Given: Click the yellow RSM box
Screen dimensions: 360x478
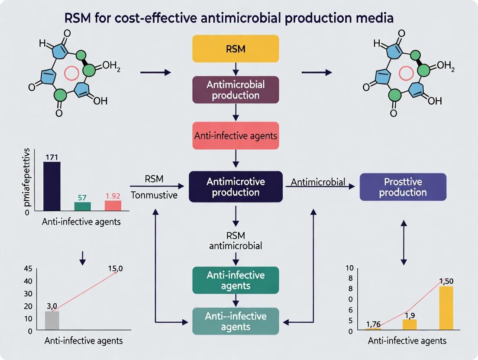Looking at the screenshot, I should pos(236,48).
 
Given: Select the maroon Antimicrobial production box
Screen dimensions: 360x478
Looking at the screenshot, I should pos(236,89).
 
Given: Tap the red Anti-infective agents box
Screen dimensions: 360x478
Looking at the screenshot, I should pos(236,135).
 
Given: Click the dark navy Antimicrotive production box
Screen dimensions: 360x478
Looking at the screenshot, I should pos(236,186).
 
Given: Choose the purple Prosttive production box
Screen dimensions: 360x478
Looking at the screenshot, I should pos(403,186).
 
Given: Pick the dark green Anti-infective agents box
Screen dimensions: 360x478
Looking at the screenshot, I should pos(236,280).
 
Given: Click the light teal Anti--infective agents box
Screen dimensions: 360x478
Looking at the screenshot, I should pos(236,321).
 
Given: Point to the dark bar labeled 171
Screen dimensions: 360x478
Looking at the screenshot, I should pos(52,186).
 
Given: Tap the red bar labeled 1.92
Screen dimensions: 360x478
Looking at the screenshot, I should pos(113,206).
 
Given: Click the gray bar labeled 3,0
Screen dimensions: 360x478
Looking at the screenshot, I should pos(52,321).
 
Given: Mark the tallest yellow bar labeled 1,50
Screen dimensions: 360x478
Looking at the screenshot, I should pos(446,308).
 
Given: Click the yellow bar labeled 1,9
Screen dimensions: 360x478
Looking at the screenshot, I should pos(409,325).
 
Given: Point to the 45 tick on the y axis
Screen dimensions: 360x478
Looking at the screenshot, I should pos(28,269).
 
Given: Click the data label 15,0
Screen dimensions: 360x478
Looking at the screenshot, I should pos(115,268).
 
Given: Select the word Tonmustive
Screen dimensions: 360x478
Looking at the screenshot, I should pos(155,195).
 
